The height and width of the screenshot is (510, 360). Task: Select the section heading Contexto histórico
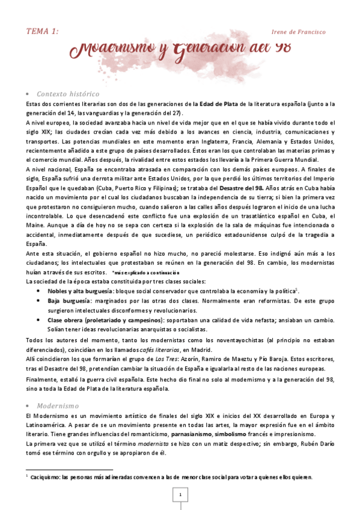68,94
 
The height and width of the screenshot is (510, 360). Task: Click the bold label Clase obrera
66,321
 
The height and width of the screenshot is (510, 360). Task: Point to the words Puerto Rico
117,187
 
